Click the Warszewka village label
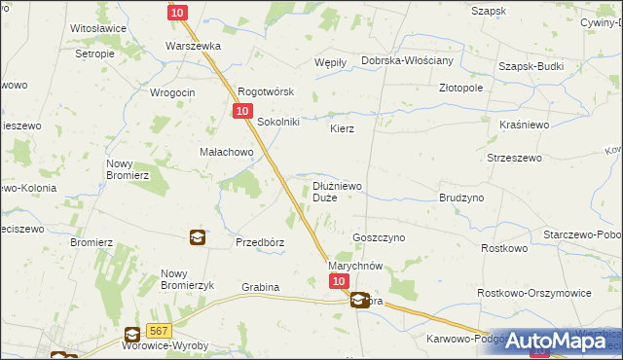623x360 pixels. (x=194, y=46)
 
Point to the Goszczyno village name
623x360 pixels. (x=378, y=236)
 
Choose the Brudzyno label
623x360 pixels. (x=461, y=197)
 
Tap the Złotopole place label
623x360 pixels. (x=460, y=87)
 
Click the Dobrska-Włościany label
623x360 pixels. (x=407, y=60)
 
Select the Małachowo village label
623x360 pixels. (x=227, y=152)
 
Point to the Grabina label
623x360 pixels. (x=260, y=287)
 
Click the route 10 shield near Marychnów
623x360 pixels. (x=338, y=281)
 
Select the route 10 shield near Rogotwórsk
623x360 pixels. (x=240, y=113)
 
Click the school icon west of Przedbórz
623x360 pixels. (x=197, y=236)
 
